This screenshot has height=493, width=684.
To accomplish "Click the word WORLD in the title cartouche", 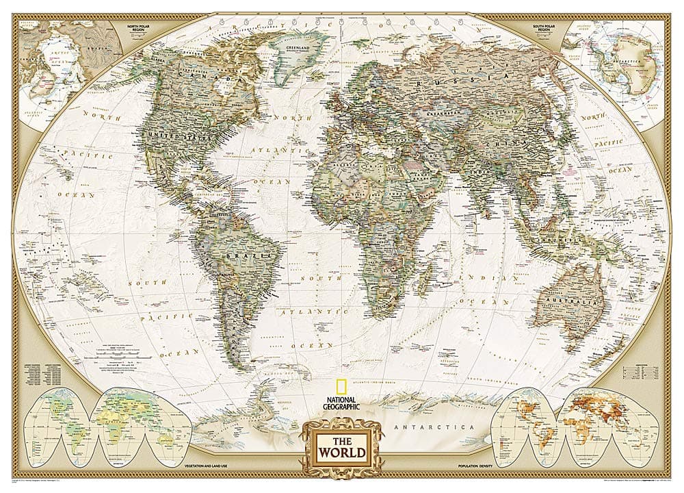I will (340, 453).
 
